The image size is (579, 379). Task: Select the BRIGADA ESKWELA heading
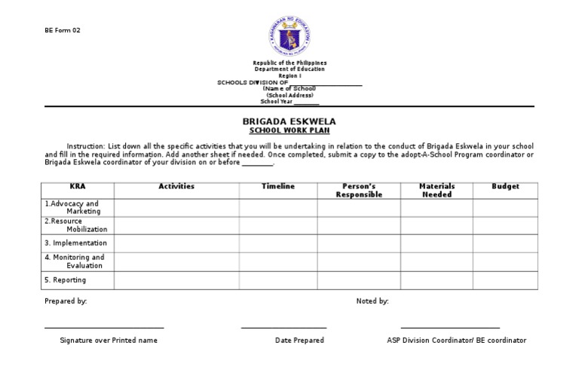tap(289, 121)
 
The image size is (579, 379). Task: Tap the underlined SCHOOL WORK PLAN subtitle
tap(289, 130)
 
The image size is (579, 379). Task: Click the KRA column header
tap(78, 187)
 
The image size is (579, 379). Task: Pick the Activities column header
tap(176, 187)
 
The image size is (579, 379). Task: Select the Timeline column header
tap(278, 187)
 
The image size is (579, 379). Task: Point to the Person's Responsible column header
tap(359, 191)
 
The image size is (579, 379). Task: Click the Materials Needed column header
tap(437, 191)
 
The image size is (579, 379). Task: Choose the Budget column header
tap(505, 187)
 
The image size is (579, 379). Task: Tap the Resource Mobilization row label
tap(76, 225)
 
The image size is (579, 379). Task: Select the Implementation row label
tap(75, 243)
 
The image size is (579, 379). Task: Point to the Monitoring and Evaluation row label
tap(75, 261)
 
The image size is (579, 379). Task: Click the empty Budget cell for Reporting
tap(505, 280)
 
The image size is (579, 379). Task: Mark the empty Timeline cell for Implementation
tap(278, 243)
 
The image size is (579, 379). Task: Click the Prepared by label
tap(66, 301)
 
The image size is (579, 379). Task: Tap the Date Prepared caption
tap(299, 341)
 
